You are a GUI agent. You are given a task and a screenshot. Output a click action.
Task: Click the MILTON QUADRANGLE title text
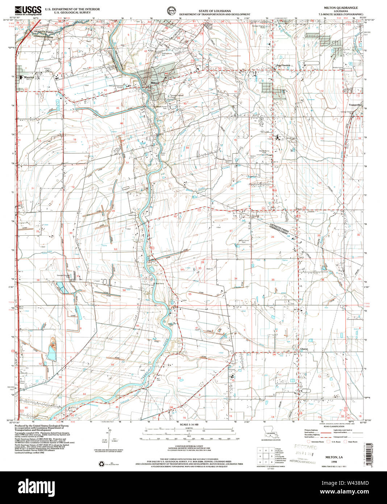[335, 7]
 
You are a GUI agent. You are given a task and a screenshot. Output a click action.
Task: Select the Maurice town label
[29, 77]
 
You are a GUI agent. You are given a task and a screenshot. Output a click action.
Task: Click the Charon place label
[304, 349]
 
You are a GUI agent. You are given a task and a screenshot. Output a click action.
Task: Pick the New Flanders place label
[284, 66]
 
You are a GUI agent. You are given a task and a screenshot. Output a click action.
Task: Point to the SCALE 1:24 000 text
[189, 425]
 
